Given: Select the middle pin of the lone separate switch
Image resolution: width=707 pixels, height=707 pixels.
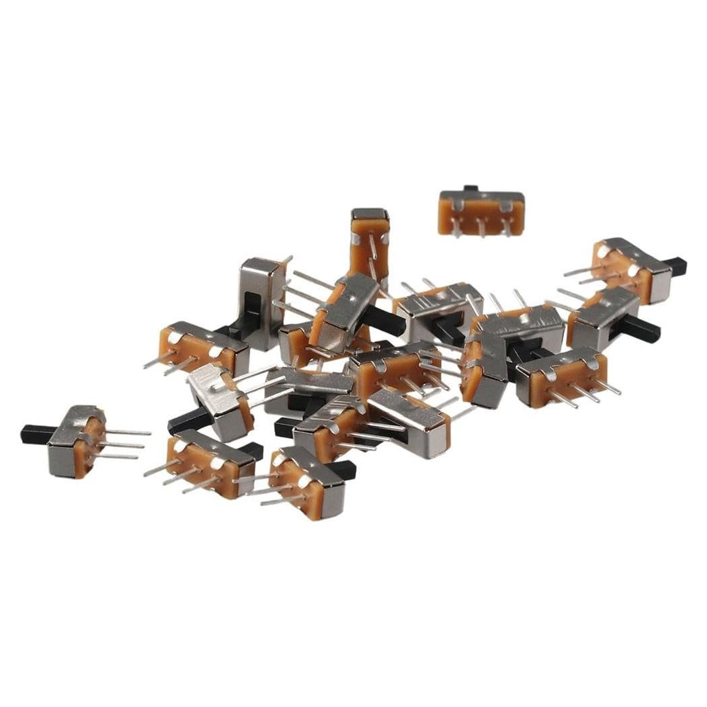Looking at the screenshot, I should (x=482, y=228).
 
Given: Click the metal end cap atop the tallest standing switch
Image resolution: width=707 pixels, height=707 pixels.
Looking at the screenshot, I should (x=370, y=214).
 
